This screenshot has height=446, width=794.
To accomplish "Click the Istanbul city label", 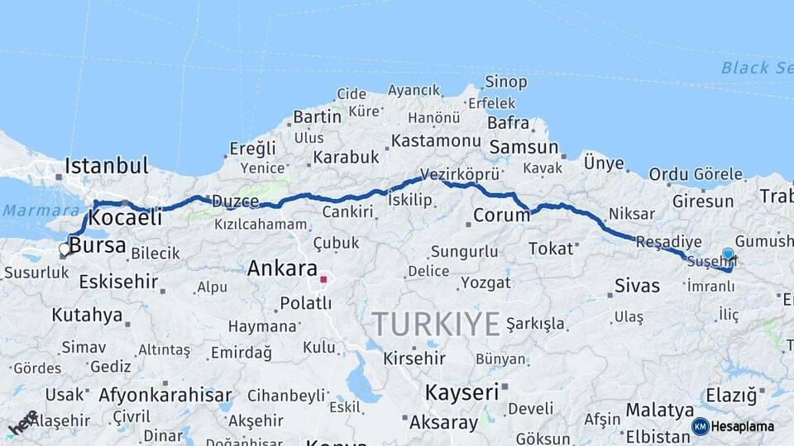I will click(107, 165).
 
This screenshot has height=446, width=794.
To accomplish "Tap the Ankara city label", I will click(282, 268).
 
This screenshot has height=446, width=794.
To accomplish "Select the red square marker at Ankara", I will click(323, 279).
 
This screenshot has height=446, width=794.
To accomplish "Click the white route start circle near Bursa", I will click(65, 249).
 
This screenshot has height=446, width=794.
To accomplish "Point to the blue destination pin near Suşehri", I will click(728, 254).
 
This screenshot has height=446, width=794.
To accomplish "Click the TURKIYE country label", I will click(435, 323).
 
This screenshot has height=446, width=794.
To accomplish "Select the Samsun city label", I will click(524, 147).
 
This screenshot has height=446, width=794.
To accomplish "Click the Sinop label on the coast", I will click(506, 81).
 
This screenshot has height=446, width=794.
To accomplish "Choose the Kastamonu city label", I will click(436, 141).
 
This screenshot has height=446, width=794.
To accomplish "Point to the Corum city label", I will click(501, 216).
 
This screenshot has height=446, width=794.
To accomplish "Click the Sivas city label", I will click(638, 286).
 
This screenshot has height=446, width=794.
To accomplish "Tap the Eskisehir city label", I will click(119, 282).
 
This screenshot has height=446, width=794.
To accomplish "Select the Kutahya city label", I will click(87, 315).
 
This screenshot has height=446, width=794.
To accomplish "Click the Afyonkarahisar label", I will click(165, 395).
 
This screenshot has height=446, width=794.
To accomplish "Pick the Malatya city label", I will click(659, 410).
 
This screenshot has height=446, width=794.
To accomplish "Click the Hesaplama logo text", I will click(743, 426).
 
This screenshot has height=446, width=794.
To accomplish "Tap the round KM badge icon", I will click(701, 426).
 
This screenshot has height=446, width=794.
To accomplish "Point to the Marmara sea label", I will click(30, 210).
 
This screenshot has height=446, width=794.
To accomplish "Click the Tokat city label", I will click(551, 249).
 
